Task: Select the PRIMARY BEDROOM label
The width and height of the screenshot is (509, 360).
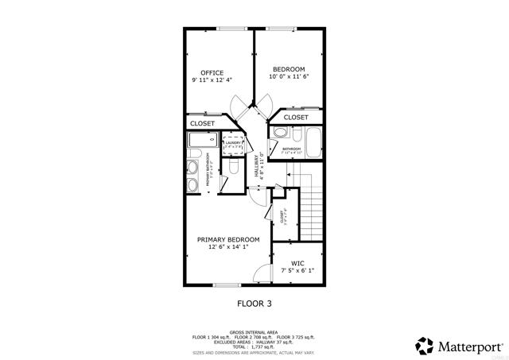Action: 228,239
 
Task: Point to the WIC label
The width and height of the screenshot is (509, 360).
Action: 297,263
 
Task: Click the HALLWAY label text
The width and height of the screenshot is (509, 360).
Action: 257,165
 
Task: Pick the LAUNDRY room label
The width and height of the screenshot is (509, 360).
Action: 232,143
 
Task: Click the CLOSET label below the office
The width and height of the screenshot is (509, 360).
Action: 202,124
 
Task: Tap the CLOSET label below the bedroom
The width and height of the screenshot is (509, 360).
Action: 296,118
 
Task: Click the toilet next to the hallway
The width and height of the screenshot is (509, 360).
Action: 233,168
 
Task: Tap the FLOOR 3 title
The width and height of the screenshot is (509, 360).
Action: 255,304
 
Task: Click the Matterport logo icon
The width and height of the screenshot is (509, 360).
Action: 424,346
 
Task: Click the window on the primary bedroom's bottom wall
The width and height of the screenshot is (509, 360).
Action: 226,285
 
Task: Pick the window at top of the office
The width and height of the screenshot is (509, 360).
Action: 231,29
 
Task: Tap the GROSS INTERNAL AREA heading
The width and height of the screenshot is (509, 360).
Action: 254,331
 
